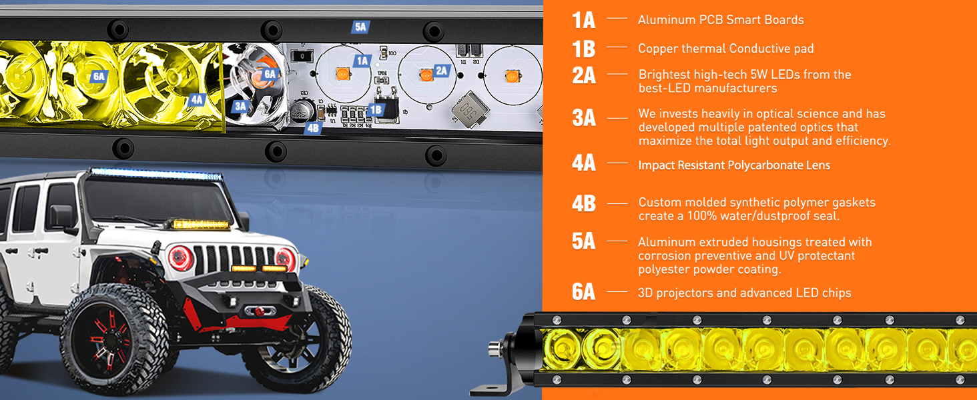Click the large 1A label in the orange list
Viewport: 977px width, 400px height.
pyautogui.click(x=583, y=20)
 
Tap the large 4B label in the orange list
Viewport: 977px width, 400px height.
pyautogui.click(x=583, y=203)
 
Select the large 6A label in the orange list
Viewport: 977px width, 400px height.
pyautogui.click(x=583, y=292)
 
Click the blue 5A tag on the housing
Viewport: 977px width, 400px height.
pyautogui.click(x=360, y=27)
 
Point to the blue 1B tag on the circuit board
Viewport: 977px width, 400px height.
pyautogui.click(x=376, y=109)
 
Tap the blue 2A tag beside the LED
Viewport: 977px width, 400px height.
pyautogui.click(x=441, y=71)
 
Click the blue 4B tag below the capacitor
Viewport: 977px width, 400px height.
pyautogui.click(x=313, y=128)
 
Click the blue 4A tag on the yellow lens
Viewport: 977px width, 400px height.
pyautogui.click(x=196, y=99)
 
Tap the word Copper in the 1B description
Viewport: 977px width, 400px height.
pyautogui.click(x=658, y=48)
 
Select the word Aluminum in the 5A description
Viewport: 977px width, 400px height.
pyautogui.click(x=667, y=242)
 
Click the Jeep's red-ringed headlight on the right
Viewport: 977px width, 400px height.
pyautogui.click(x=286, y=258)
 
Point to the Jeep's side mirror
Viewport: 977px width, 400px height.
pyautogui.click(x=61, y=217)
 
